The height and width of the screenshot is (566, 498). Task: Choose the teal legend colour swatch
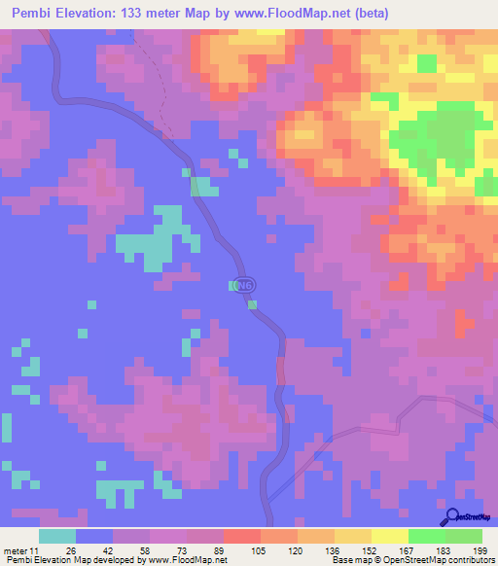coord(57,536)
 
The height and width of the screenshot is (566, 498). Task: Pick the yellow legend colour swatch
coord(390,536)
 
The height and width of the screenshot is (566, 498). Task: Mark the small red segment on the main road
coord(281,371)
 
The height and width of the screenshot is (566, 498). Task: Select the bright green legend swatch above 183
coord(427,536)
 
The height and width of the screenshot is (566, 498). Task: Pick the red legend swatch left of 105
coord(242,536)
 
